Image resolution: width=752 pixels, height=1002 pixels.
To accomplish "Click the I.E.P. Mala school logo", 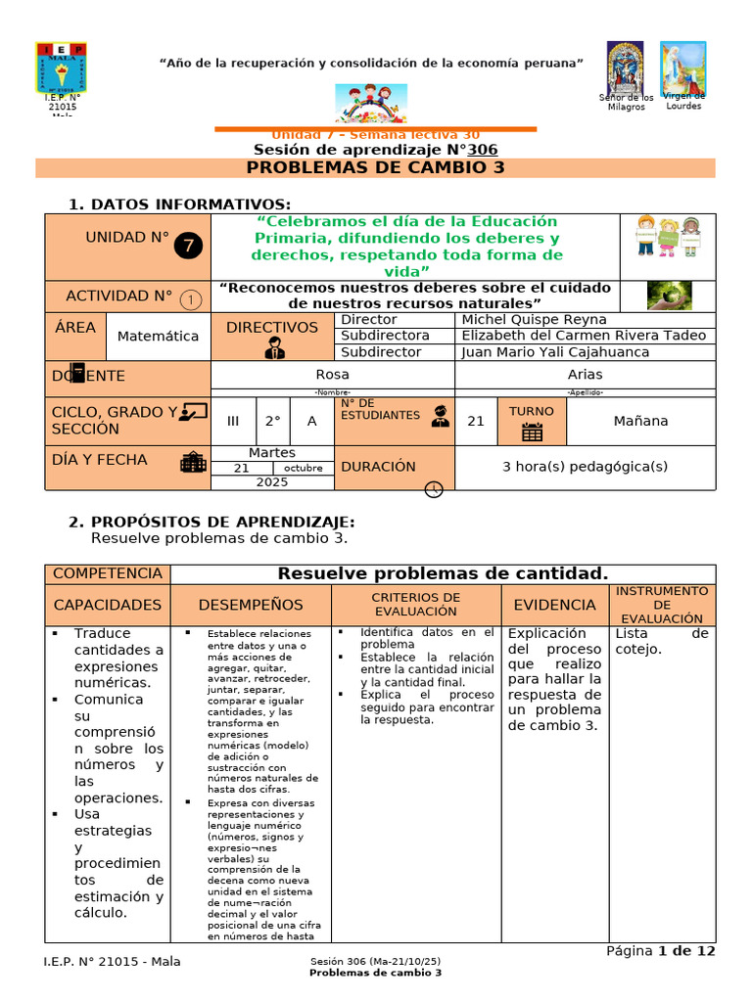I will point(61,67).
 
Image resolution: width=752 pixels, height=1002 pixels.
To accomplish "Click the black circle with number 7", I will point(190,246).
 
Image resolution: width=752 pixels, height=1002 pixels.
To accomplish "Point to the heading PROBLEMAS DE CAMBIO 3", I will point(376,167).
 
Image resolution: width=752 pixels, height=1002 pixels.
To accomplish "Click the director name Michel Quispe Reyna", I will point(534,320).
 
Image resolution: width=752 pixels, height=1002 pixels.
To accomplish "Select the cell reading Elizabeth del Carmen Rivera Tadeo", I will point(584,336).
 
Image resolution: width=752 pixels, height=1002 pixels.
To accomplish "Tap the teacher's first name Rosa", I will point(333,374).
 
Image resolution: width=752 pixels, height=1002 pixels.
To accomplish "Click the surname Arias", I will point(585,374).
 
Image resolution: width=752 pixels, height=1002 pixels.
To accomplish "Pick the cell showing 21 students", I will point(476,421).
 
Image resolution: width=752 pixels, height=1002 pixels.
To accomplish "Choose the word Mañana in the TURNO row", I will point(640,421).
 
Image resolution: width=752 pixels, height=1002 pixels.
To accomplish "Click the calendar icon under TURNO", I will point(532,433).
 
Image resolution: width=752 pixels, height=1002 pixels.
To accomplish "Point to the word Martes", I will point(272,453).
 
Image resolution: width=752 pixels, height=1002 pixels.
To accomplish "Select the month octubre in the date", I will point(304,469).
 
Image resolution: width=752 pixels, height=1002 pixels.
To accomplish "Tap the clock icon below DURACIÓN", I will point(435,489).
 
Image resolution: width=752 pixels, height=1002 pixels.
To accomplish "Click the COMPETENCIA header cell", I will point(108,573).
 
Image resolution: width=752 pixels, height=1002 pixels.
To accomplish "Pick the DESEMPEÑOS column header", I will point(251,605).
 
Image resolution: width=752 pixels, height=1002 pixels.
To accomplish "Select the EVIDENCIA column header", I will point(554,605).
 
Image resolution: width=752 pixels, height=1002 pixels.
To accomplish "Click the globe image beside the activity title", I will point(669,296).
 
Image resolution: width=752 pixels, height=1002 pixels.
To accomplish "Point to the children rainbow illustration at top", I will point(376,101).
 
